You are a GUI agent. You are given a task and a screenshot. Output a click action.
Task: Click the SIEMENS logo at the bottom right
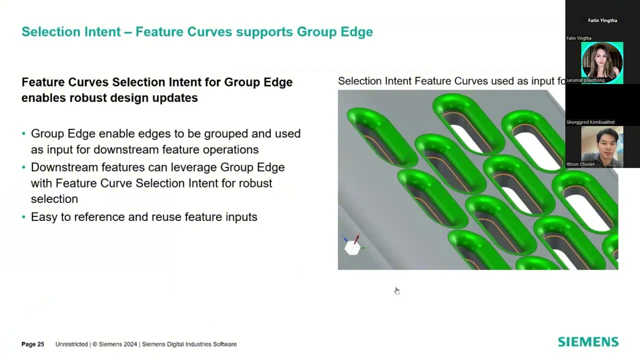pyautogui.click(x=588, y=342)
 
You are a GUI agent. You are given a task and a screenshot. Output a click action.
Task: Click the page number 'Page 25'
pyautogui.click(x=32, y=344)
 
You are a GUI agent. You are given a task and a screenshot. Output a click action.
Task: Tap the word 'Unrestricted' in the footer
pyautogui.click(x=71, y=344)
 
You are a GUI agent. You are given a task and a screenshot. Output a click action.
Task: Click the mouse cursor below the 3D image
pyautogui.click(x=396, y=290)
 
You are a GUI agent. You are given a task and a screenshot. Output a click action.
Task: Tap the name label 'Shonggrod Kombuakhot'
pyautogui.click(x=590, y=122)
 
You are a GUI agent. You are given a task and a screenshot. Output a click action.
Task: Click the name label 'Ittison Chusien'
pyautogui.click(x=580, y=164)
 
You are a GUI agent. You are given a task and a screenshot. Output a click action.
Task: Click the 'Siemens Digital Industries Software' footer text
pyautogui.click(x=189, y=344)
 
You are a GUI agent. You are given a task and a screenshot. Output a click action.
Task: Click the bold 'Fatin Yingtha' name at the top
pyautogui.click(x=602, y=20)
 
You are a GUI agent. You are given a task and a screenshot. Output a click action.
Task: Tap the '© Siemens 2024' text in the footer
pyautogui.click(x=115, y=344)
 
